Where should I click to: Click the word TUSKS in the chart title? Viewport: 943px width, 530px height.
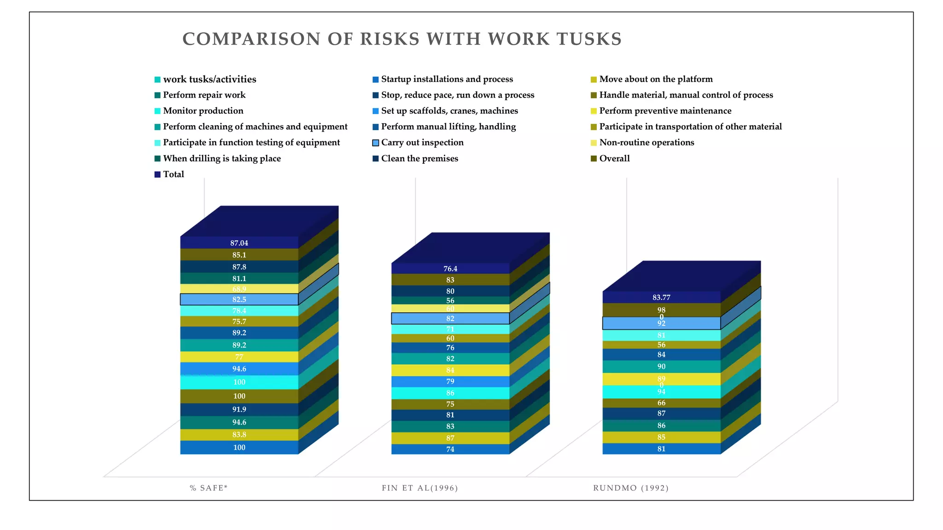pos(589,39)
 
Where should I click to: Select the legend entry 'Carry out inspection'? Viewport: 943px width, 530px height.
pos(422,143)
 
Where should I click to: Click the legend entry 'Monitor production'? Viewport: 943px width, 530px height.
pos(203,111)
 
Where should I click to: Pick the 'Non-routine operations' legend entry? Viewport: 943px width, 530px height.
pos(646,143)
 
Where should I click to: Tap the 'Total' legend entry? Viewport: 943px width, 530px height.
pos(173,174)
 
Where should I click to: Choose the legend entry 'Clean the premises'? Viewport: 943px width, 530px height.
pos(419,159)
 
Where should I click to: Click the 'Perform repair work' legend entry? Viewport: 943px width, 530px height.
pos(204,95)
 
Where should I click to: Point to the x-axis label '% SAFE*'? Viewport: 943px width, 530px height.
pos(209,488)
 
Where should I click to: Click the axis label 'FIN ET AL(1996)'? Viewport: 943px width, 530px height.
pos(419,488)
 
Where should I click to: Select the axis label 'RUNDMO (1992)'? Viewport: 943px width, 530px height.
pos(630,488)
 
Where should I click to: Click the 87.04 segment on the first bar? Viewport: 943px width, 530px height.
pos(239,243)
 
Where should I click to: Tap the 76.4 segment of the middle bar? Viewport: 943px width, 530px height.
pos(450,269)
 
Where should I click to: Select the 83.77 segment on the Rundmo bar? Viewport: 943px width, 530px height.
pos(661,297)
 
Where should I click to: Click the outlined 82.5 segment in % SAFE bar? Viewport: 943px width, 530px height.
pos(239,300)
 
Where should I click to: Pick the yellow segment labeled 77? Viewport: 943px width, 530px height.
pos(239,357)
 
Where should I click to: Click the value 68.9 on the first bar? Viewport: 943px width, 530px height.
pos(239,289)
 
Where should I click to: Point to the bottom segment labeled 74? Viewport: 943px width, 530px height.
pos(450,449)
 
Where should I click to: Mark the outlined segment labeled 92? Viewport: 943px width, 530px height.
pos(661,323)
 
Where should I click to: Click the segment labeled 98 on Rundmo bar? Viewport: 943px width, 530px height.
pos(661,309)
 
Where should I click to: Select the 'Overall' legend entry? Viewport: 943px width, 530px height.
pos(614,159)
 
